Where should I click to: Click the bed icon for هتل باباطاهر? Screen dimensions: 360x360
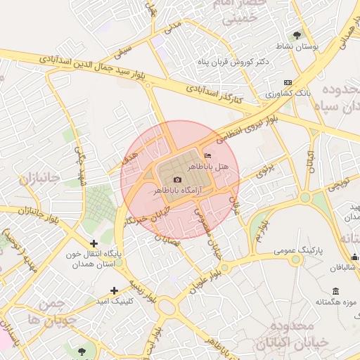coord(207,155)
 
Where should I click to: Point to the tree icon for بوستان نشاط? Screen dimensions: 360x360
coord(297,34)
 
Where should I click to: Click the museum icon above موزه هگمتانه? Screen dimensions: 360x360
coord(335,291)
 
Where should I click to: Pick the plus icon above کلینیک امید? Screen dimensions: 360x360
coord(115,290)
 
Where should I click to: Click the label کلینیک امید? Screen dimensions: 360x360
coord(115,300)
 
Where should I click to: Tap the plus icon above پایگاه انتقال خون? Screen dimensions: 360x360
coord(94,243)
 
